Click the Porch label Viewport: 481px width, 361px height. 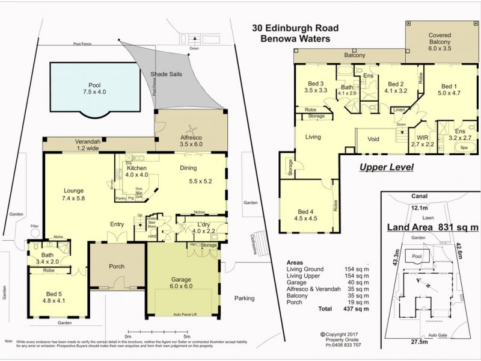(x=117, y=267)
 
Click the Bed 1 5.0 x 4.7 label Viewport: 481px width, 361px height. (x=449, y=90)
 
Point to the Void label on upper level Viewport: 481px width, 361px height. (x=373, y=138)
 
